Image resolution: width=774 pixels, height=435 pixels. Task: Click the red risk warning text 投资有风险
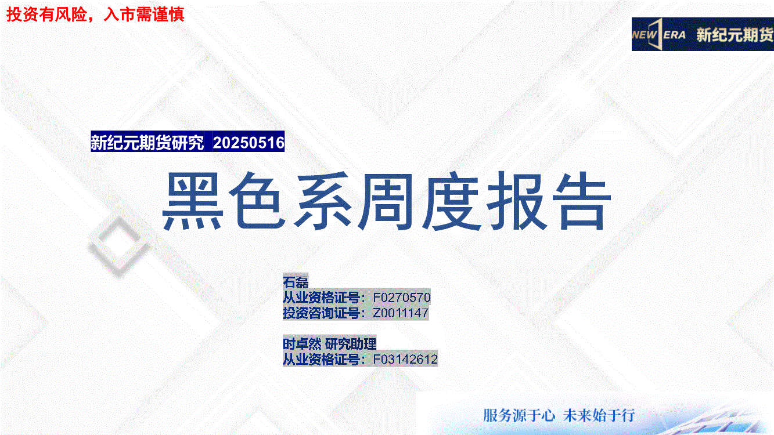click(x=46, y=14)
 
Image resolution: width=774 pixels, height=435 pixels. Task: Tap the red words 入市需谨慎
click(x=144, y=14)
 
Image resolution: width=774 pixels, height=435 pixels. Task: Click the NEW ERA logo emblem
click(x=658, y=35)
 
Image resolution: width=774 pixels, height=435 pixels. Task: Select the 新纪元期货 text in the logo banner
click(x=735, y=35)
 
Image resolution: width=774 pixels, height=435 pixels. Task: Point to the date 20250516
click(x=249, y=143)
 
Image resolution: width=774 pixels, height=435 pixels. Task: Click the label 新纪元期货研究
click(x=147, y=143)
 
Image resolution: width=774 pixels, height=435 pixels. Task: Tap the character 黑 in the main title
click(x=192, y=201)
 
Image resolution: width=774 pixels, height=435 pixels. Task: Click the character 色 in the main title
click(x=257, y=201)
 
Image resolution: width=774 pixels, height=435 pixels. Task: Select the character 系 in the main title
click(x=322, y=201)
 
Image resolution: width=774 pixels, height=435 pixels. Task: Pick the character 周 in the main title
click(x=386, y=201)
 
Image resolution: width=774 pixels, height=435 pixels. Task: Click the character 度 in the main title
click(x=452, y=201)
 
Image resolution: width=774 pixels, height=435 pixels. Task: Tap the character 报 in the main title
click(x=516, y=201)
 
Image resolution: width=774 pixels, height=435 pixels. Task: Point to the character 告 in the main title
click(x=582, y=201)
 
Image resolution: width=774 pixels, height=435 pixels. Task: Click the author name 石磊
click(x=296, y=282)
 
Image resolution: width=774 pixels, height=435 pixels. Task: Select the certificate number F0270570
click(x=401, y=298)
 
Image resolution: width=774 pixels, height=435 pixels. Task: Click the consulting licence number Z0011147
click(x=401, y=313)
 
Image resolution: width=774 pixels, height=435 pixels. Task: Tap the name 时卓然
click(x=302, y=344)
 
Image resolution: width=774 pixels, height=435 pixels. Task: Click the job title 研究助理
click(x=351, y=344)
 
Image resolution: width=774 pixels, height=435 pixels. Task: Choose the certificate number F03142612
click(x=405, y=360)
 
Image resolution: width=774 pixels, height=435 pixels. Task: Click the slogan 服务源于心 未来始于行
click(x=559, y=415)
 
